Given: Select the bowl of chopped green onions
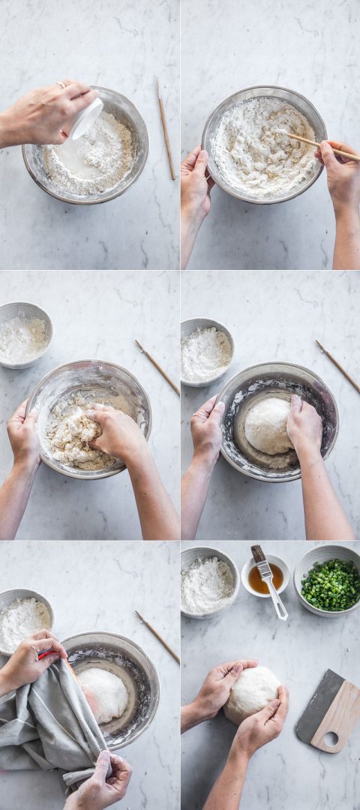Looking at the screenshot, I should click(x=330, y=583).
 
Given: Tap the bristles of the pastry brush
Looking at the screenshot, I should click(x=258, y=555).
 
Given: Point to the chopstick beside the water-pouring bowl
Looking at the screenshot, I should click(x=165, y=127).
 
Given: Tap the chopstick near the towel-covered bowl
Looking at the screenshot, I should click(x=157, y=636).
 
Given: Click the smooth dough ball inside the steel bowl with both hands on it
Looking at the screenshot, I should click(x=268, y=425).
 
